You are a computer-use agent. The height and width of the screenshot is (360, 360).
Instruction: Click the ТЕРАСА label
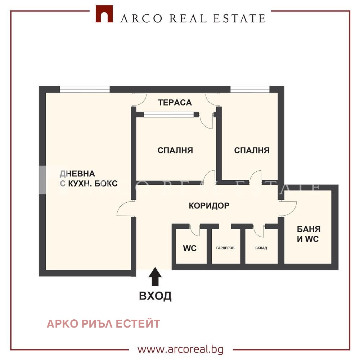175,103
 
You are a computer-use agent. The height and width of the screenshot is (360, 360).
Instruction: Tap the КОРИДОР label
209,206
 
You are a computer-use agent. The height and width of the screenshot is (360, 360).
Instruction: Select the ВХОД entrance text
155,296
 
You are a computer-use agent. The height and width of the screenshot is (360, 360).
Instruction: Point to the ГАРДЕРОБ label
228,248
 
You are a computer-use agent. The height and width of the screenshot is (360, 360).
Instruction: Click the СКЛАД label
261,248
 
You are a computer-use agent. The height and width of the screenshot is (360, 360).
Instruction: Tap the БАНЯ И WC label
308,234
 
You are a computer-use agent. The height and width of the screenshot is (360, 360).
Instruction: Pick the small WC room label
190,248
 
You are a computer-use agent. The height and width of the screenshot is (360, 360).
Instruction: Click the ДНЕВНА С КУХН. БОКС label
88,179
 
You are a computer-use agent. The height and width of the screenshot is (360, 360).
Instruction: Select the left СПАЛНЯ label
175,150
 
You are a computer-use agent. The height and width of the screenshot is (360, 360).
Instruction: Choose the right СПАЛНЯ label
252,150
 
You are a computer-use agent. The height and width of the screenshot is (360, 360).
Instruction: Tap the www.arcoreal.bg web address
180,349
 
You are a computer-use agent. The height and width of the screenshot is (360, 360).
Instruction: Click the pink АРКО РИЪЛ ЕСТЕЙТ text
103,324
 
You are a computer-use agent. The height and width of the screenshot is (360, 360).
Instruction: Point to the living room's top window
85,89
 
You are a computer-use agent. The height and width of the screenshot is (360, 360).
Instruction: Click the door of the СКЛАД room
258,230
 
